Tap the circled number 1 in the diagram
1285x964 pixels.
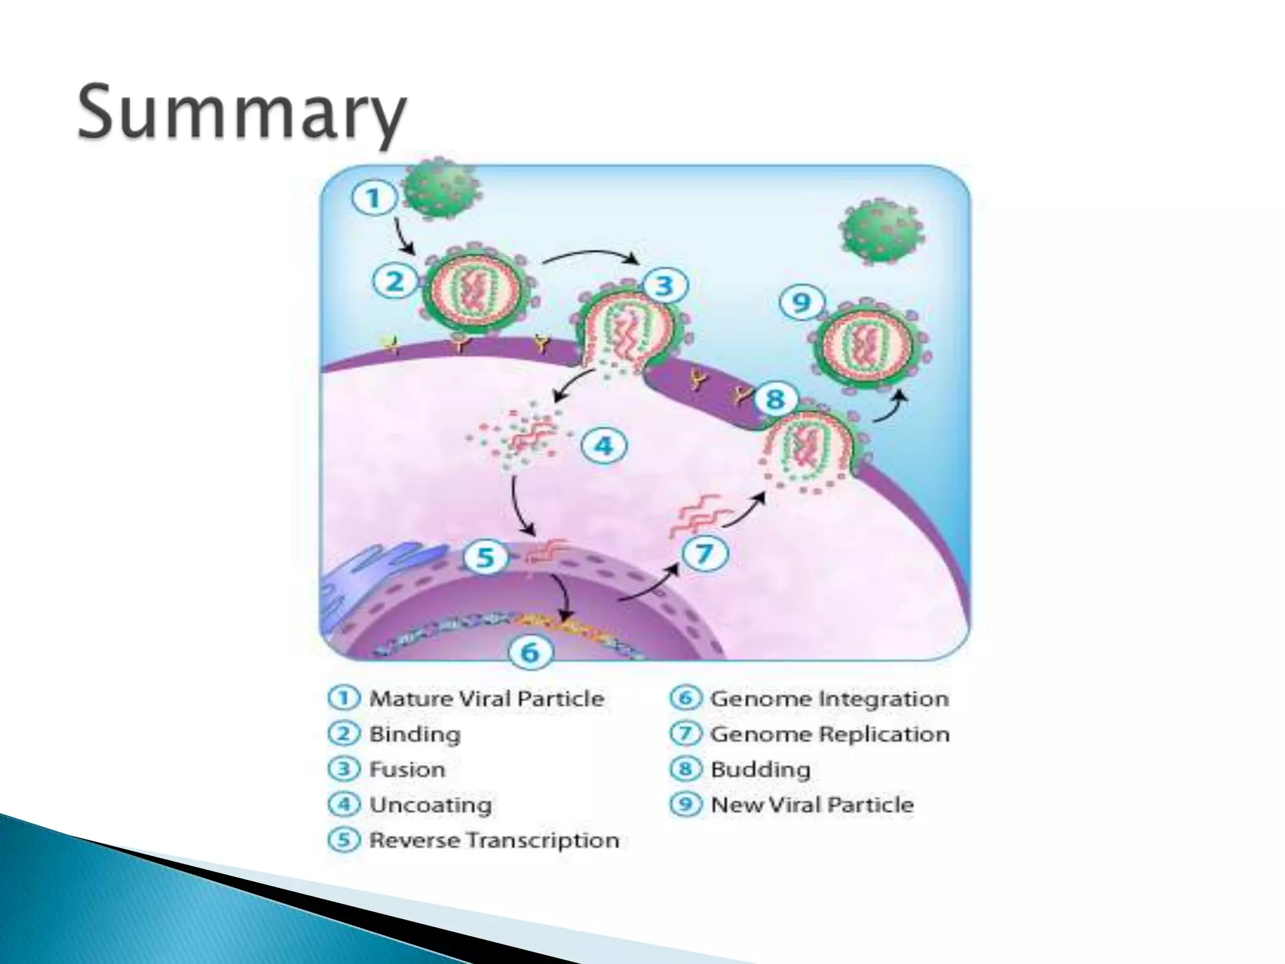[x=374, y=198]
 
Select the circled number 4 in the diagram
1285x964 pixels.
[x=603, y=446]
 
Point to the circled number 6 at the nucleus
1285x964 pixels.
[x=530, y=653]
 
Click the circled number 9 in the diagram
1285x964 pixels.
[x=801, y=303]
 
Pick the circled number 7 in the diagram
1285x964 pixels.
[x=705, y=554]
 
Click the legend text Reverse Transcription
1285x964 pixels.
[x=494, y=840]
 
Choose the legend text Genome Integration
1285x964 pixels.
[x=829, y=699]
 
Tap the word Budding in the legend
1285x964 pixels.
[x=760, y=769]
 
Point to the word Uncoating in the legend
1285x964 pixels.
[x=430, y=805]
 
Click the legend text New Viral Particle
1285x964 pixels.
[x=811, y=805]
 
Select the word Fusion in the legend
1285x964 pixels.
[x=407, y=769]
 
